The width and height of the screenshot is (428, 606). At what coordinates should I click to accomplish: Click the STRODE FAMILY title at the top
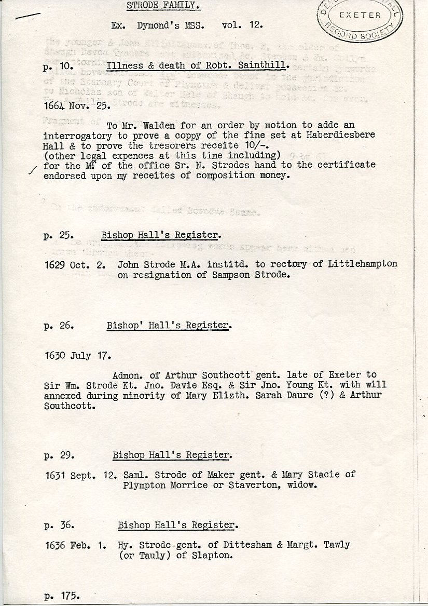coord(163,6)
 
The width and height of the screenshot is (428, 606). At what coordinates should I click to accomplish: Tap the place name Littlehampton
coord(363,264)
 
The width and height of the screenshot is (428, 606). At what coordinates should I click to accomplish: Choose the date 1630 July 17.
coord(76,356)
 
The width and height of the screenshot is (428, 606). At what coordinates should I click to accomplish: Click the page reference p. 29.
coord(58,455)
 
